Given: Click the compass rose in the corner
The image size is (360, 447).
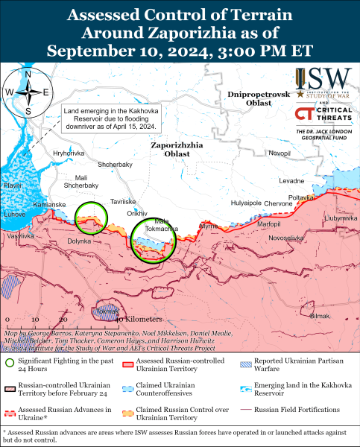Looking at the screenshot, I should click(28, 92).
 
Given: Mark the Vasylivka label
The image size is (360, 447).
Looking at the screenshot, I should click(20, 235).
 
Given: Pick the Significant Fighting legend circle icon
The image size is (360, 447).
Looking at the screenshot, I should click(10, 363).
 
